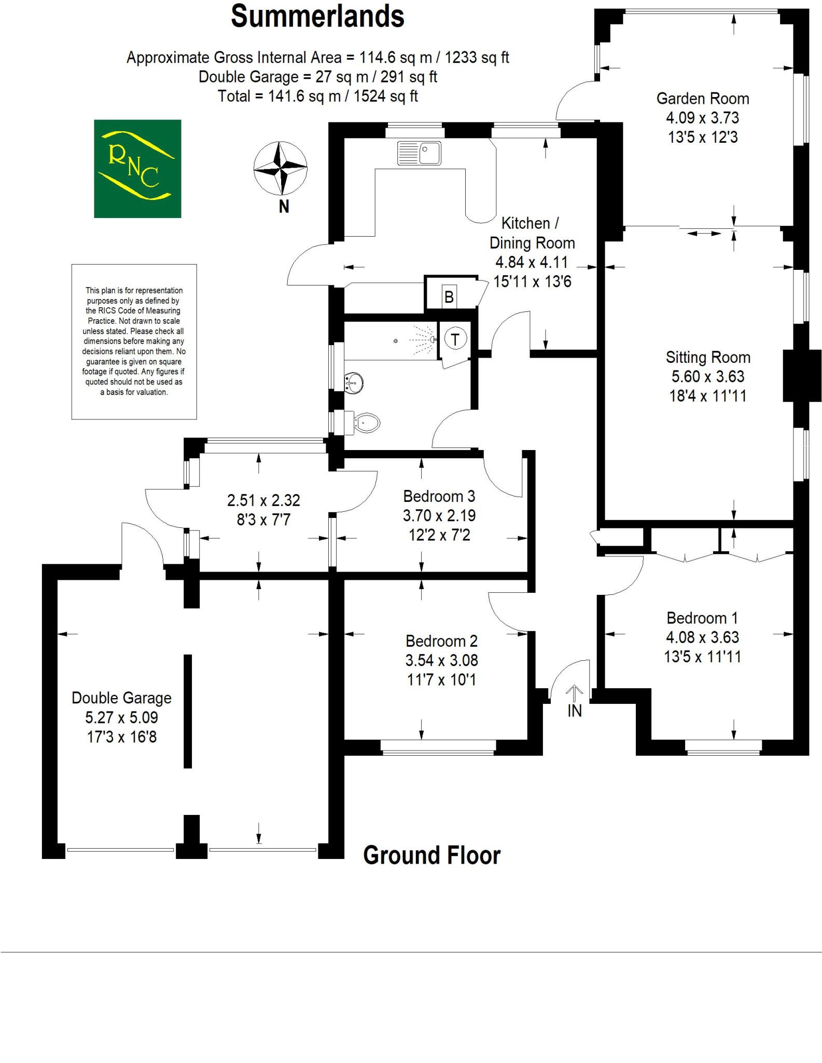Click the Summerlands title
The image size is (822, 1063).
(x=317, y=17)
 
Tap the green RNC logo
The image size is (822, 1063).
(x=137, y=169)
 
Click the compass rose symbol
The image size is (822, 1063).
(x=280, y=168)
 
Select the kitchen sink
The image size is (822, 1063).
(x=419, y=153)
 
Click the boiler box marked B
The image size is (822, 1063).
(x=449, y=297)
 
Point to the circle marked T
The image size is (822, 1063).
(x=455, y=339)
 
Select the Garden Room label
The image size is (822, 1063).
(x=703, y=99)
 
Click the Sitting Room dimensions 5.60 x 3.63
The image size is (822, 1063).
(x=708, y=376)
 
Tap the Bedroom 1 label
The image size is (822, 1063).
(x=702, y=618)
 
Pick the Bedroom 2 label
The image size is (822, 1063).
(x=441, y=641)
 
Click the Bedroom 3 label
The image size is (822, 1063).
(x=439, y=496)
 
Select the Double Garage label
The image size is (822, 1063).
(x=121, y=698)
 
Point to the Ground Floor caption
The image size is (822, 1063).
(x=431, y=855)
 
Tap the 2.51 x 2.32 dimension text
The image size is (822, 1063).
(x=263, y=500)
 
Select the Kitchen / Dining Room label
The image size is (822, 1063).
(x=532, y=233)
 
